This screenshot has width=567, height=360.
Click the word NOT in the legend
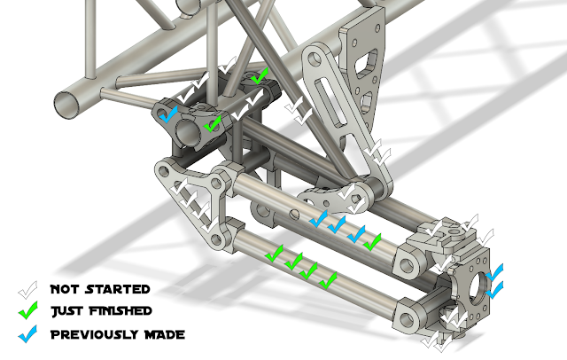point(64,289)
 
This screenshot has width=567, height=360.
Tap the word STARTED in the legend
point(118,289)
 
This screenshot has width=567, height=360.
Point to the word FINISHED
point(120,311)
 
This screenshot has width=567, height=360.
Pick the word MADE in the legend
point(165,334)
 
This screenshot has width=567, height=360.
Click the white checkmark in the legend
point(27,290)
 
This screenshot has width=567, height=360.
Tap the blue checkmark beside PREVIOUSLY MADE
point(27,334)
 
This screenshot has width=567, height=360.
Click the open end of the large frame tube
point(67,104)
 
